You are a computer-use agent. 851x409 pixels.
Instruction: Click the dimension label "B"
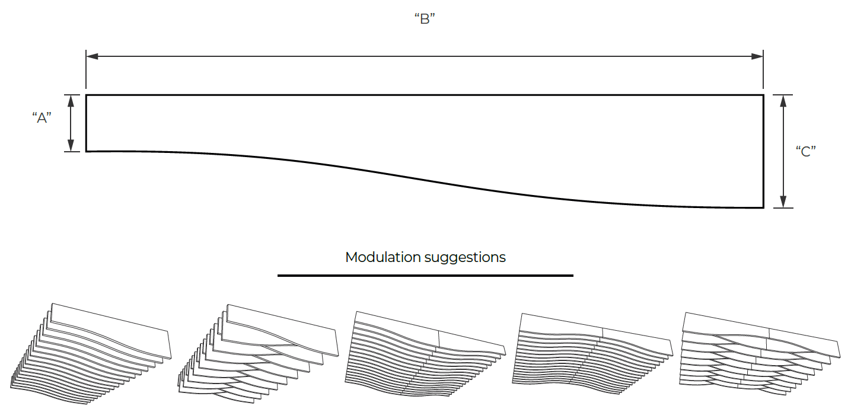(425, 18)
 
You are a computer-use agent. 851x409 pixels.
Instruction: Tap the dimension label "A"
(42, 118)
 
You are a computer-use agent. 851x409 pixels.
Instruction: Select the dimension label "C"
(805, 151)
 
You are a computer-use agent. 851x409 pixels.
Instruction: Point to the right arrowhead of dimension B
(757, 56)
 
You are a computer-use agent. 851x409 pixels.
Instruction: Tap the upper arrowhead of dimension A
(71, 101)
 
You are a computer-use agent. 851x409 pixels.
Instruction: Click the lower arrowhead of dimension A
(71, 145)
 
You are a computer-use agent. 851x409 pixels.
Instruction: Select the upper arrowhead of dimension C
(783, 101)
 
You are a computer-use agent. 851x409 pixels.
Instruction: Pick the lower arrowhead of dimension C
(783, 202)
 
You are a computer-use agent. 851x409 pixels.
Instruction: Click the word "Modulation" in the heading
(383, 257)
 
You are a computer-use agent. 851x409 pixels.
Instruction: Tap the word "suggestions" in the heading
(465, 258)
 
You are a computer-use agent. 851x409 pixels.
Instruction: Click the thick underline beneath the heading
(426, 275)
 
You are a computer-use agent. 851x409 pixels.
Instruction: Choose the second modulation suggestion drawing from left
(259, 353)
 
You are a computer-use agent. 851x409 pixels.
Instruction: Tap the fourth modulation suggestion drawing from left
(592, 353)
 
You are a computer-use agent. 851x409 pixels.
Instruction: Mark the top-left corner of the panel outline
(86, 95)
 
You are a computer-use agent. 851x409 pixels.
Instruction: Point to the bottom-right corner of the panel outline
(764, 207)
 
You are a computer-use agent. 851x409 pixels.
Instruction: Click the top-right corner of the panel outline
(764, 95)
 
